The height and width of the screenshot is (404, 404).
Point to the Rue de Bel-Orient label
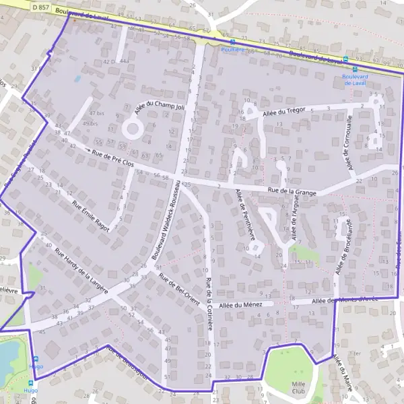(x=179, y=288)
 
